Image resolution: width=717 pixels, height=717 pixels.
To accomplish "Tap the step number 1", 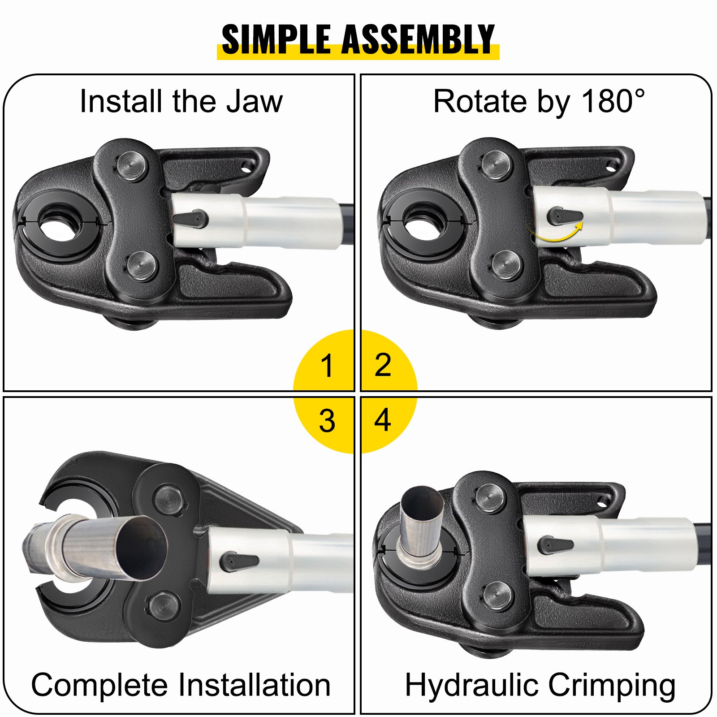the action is click(327, 366).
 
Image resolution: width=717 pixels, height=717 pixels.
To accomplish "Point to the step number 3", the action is click(327, 421).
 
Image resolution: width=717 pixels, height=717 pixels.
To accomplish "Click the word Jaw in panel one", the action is click(254, 101).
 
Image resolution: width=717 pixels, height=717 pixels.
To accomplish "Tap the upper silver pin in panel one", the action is click(132, 166).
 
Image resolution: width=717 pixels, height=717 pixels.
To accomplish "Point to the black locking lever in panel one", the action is click(190, 219).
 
